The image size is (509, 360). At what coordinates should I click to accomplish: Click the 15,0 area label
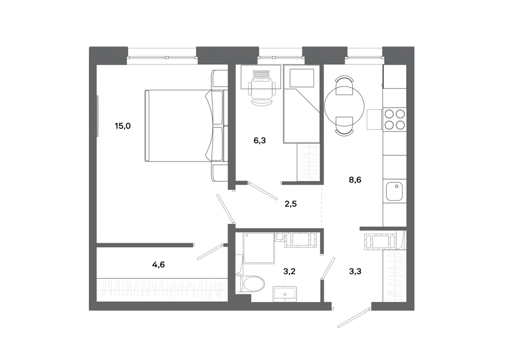coord(123,126)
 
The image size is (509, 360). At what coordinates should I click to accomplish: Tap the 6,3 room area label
coord(260,141)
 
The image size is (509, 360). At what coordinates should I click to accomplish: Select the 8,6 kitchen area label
coord(355,180)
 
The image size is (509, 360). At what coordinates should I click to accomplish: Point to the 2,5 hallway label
coord(291,204)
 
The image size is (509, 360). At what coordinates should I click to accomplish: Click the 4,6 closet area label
coord(158,265)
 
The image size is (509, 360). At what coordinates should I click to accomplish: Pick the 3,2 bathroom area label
coord(289,271)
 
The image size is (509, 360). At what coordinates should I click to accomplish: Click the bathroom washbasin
coord(285,294)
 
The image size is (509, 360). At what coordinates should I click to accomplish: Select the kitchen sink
coord(394,191)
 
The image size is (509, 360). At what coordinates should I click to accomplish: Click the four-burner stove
coord(394,120)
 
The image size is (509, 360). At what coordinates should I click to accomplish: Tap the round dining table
coord(344,106)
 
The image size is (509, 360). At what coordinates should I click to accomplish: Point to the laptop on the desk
coord(261,75)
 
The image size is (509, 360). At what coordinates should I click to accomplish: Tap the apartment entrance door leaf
coord(354,317)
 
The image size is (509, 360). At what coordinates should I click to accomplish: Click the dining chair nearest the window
coord(344,85)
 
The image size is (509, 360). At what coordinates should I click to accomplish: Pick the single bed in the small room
coord(301,104)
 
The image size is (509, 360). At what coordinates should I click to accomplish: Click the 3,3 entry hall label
coord(355,271)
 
